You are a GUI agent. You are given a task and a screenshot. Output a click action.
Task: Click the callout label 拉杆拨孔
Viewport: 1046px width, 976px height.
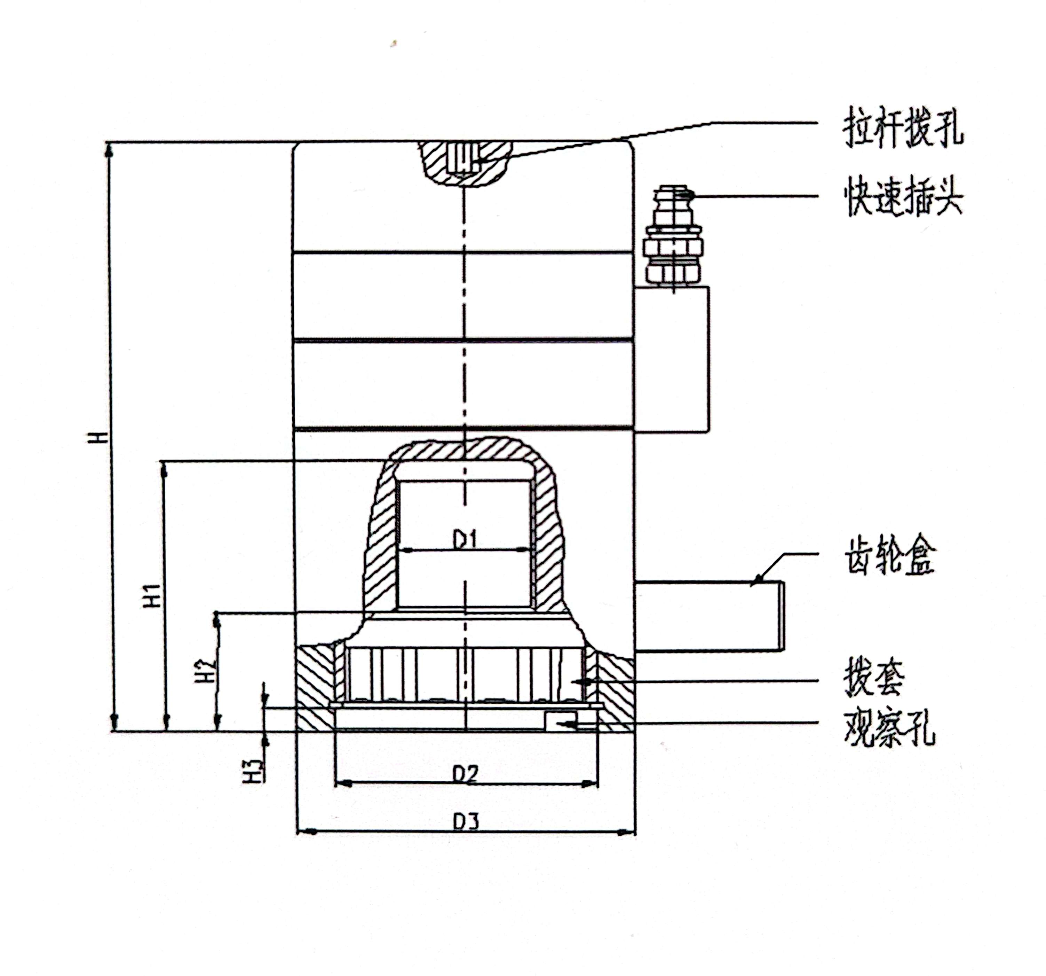point(903,128)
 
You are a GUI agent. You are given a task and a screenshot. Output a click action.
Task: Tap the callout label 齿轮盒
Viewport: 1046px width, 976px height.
point(889,557)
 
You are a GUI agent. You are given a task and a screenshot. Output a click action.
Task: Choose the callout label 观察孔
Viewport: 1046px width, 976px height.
point(889,728)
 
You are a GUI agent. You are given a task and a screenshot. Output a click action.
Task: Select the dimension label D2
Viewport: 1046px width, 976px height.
point(465,774)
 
